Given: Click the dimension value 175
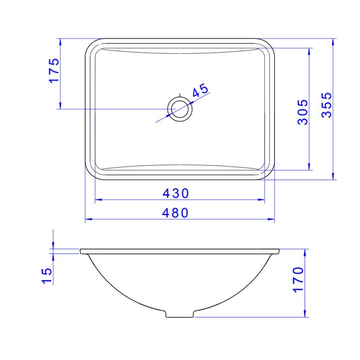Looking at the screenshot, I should (54, 70).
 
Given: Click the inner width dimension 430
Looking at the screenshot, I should (175, 194).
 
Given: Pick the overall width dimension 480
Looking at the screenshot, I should (175, 213).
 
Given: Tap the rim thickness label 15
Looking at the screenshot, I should (47, 275).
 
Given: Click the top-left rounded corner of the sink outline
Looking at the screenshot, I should (90, 43).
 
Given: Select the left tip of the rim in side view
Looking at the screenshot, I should (81, 251).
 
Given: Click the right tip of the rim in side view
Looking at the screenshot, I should (279, 251).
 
